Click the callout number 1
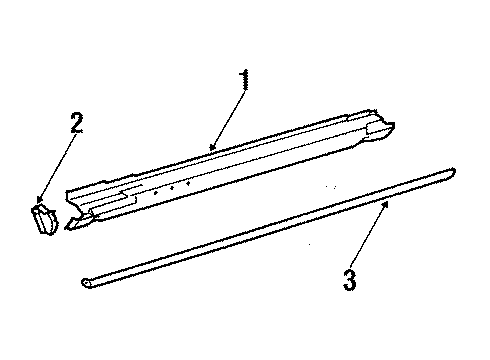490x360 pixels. [x=244, y=79]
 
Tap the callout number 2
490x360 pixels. [x=77, y=123]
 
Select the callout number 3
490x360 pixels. [x=350, y=279]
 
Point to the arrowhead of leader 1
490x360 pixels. [x=212, y=147]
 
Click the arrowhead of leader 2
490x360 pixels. [x=40, y=200]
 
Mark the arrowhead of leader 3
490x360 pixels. [x=386, y=204]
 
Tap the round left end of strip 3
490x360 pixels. [x=86, y=283]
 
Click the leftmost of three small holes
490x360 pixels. [x=155, y=193]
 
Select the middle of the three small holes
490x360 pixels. [x=172, y=188]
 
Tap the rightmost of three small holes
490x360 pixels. [x=188, y=183]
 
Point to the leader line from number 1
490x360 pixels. [x=229, y=118]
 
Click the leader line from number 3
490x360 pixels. [x=368, y=237]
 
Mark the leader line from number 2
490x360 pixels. [x=58, y=167]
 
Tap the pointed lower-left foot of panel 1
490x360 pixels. [x=67, y=227]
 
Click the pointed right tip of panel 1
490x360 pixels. [x=393, y=125]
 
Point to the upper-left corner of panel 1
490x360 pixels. [x=67, y=192]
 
